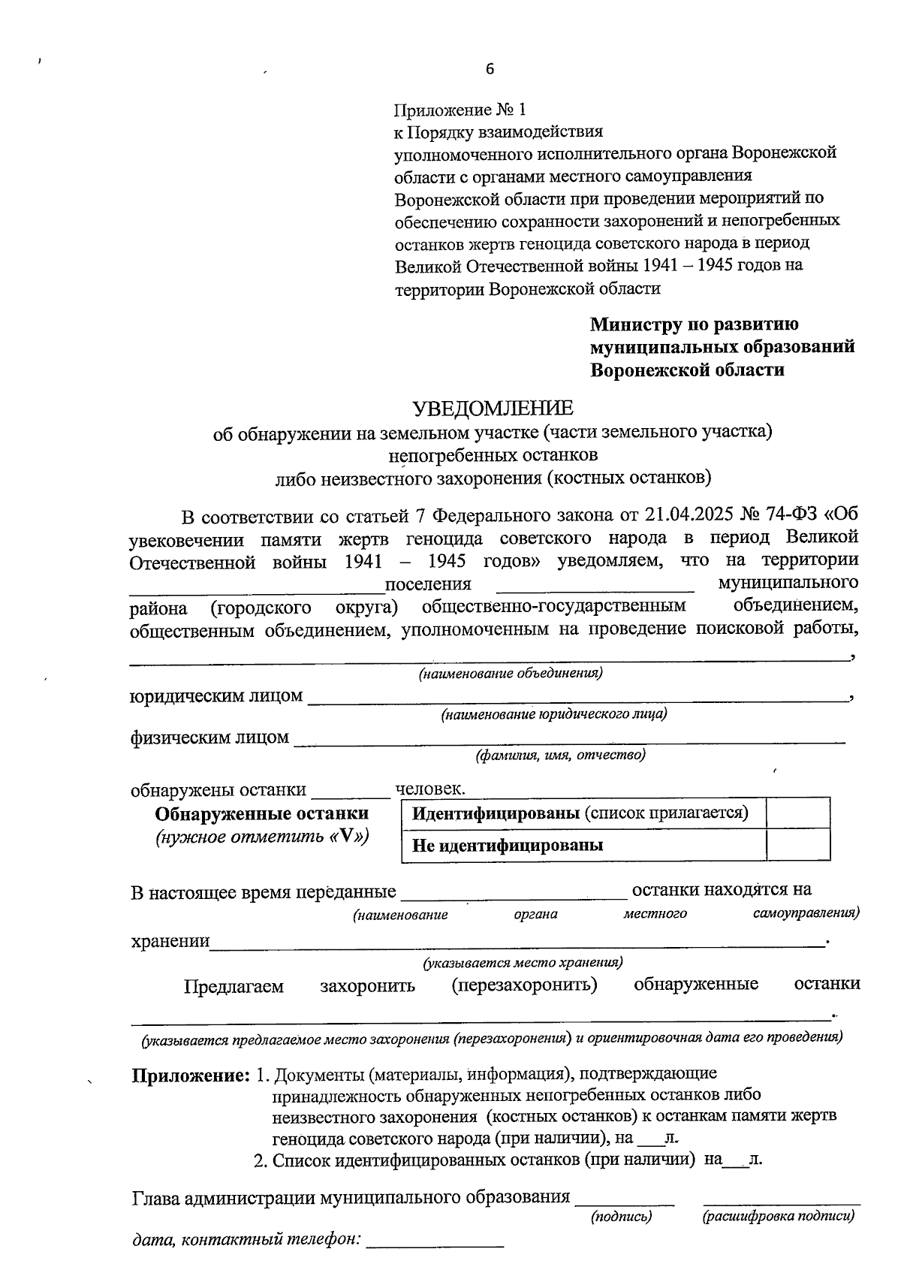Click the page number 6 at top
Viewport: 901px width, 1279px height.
coord(490,69)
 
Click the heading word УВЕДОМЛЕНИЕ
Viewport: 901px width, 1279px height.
coord(493,409)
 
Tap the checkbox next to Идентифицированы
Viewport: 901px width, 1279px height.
coord(798,813)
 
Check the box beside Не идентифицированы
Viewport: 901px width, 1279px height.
coord(798,845)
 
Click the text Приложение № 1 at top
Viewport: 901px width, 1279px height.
coord(460,110)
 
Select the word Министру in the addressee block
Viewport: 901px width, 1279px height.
coord(637,324)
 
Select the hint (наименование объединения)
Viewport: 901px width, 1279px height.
coord(511,674)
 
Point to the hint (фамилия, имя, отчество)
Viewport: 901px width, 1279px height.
coord(560,755)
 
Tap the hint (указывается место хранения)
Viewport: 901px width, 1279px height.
coord(523,962)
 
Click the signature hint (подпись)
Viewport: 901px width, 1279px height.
coord(622,1216)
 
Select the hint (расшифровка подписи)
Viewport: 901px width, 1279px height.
coord(779,1216)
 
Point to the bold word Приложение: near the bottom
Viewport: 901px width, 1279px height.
coord(191,1075)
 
